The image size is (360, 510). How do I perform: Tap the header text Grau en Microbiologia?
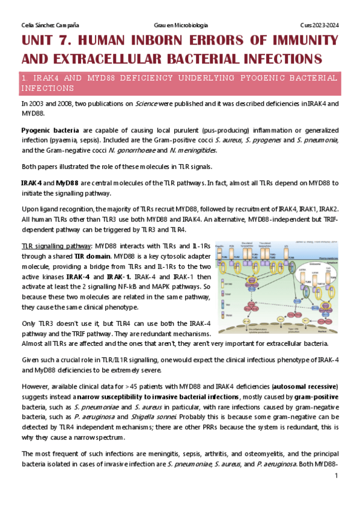click(181, 25)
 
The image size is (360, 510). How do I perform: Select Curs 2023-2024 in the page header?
click(319, 25)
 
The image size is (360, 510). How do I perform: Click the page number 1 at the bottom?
click(337, 476)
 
